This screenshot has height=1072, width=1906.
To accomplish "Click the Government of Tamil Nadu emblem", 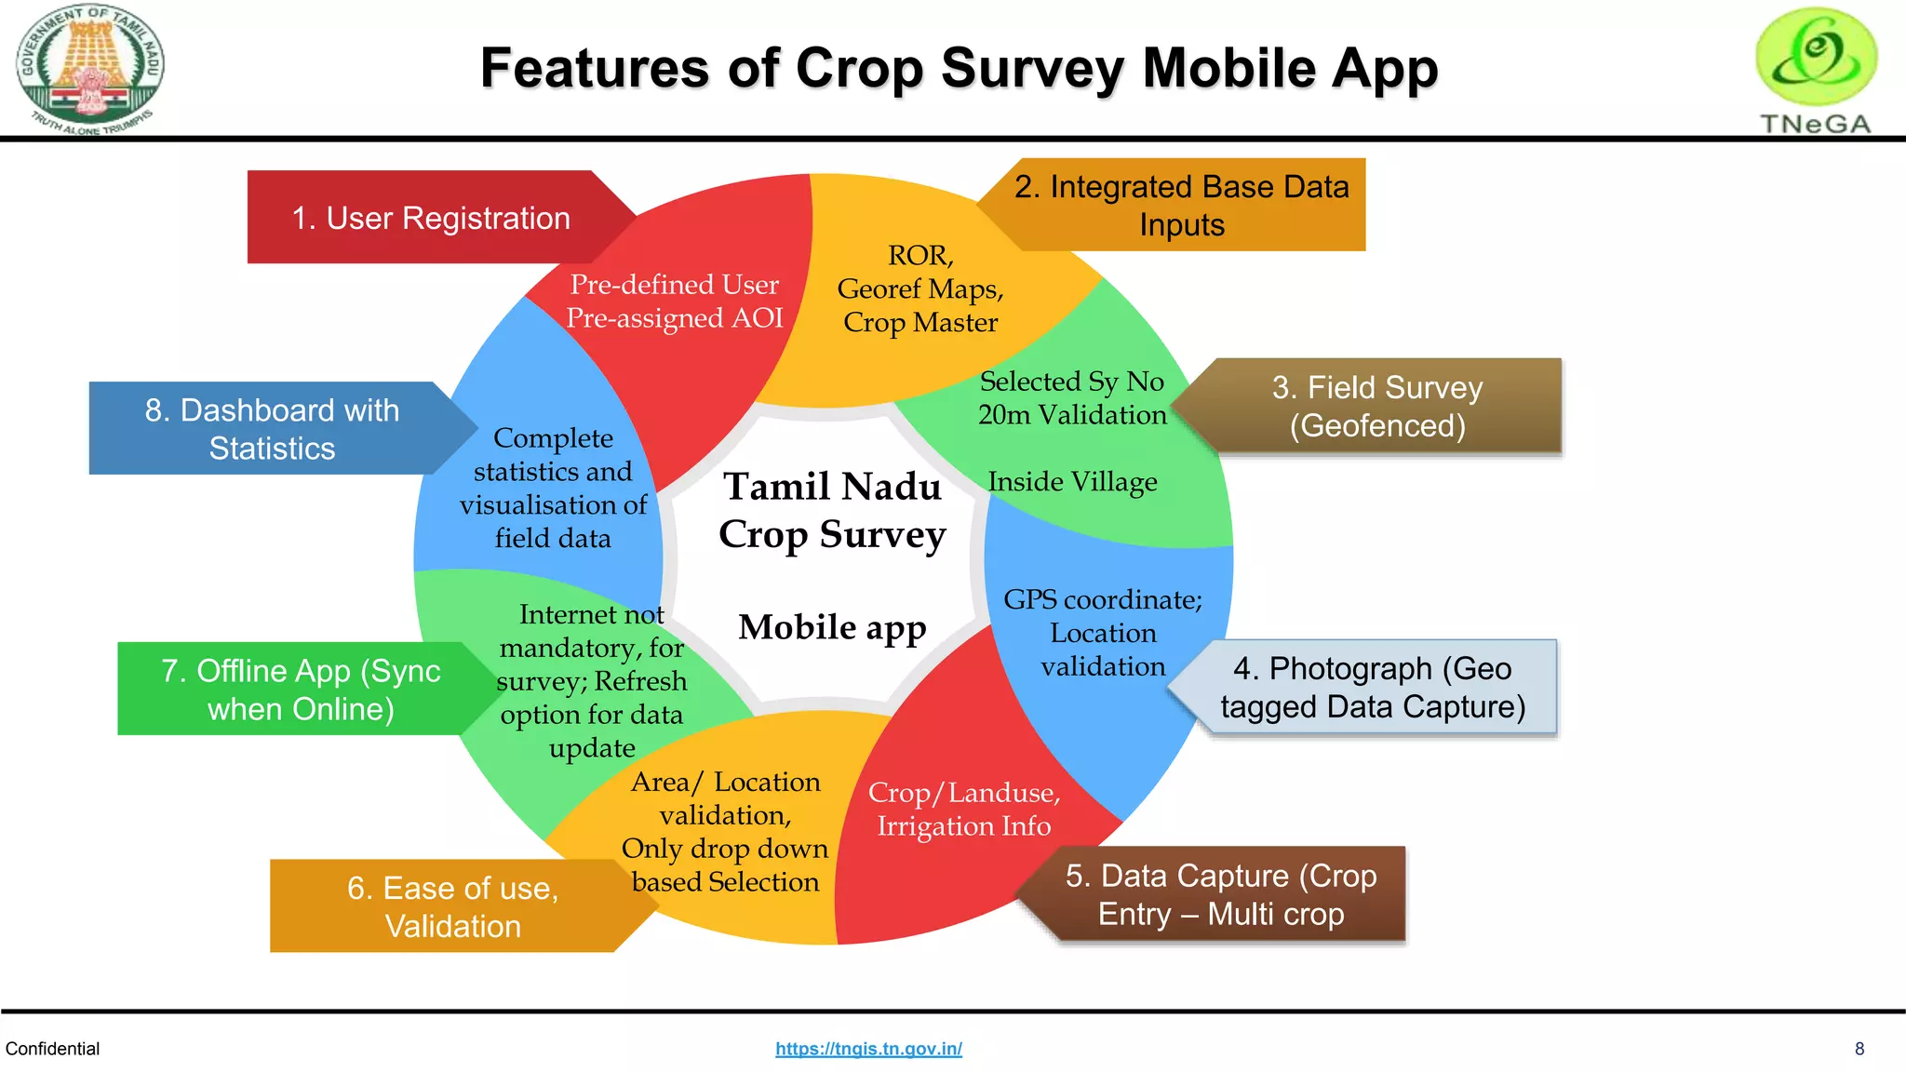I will [90, 70].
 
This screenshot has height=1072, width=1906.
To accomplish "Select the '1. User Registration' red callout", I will [430, 218].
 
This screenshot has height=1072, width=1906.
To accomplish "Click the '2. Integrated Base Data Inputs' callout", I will [1181, 206].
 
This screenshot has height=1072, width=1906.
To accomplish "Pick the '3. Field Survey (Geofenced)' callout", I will [1376, 407].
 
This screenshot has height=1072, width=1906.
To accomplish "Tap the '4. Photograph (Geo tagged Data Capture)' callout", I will [1373, 688].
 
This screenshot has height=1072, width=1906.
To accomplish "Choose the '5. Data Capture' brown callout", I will [1220, 894].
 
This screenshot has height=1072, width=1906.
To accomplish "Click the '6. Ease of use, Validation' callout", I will [452, 906].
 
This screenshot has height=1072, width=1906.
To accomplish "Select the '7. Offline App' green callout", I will [300, 690].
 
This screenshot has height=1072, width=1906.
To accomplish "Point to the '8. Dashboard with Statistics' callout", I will [271, 429].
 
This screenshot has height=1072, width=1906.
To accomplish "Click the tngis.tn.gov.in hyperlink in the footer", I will [868, 1049].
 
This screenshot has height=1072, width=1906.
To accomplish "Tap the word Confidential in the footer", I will [52, 1049].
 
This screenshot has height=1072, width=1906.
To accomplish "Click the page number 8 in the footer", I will [1859, 1049].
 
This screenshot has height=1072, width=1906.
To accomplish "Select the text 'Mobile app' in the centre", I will [832, 627].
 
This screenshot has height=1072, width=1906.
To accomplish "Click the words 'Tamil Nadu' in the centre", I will [832, 487].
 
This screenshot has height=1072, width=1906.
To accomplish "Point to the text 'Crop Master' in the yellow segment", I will [920, 323].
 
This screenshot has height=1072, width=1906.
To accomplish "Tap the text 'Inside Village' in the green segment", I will [1072, 482].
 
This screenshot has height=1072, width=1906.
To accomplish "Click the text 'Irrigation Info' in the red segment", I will [963, 826].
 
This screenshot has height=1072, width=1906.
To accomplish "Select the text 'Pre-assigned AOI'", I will [675, 318].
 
